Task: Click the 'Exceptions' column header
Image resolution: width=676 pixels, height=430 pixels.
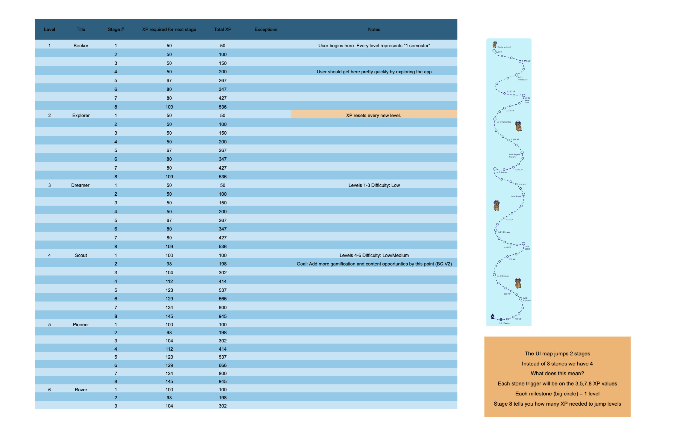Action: [x=266, y=29]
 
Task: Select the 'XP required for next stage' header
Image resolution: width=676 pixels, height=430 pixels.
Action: [x=169, y=29]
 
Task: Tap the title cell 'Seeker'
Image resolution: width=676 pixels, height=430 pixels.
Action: [x=81, y=45]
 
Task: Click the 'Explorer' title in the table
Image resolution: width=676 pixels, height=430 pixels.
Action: [x=81, y=115]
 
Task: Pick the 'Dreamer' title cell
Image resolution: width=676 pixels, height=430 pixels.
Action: [x=80, y=185]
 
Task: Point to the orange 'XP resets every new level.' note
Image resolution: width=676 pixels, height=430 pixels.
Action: [x=374, y=115]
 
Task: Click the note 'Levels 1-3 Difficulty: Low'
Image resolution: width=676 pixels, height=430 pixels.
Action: [x=374, y=185]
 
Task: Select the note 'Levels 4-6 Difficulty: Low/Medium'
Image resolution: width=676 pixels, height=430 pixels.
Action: [x=374, y=255]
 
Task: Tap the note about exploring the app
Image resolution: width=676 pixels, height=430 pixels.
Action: [x=374, y=72]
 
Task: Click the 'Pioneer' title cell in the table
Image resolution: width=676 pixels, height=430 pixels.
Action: [x=81, y=325]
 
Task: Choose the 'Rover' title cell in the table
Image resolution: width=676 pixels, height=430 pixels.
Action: [x=81, y=390]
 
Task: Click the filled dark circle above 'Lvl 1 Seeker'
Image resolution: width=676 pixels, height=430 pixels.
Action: [x=501, y=320]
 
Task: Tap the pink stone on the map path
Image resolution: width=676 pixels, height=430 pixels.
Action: [x=507, y=319]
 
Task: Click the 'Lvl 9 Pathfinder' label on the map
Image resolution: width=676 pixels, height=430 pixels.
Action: [x=504, y=122]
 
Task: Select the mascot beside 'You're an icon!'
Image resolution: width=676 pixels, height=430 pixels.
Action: [x=495, y=44]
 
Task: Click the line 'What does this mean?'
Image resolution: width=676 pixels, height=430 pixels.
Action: [x=557, y=374]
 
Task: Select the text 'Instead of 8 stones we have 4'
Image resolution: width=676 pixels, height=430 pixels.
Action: [x=557, y=364]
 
